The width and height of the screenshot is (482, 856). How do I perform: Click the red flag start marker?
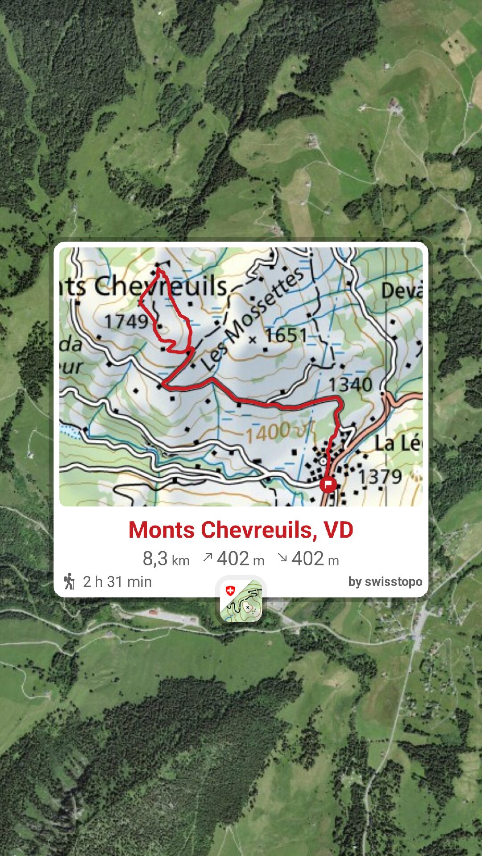pos(328,484)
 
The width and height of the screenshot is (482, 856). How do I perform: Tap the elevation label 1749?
pos(126,321)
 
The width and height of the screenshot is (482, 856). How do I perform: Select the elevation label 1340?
pos(350,385)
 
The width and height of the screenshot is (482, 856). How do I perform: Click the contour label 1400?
pos(268,432)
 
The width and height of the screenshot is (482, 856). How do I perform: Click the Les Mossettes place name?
pos(252,319)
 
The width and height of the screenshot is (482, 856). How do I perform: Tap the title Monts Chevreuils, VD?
pos(241,530)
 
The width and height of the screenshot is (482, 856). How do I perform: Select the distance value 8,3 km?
pos(166,559)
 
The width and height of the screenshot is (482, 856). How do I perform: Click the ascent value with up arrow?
pos(233,559)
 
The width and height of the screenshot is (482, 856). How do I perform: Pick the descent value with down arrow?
pos(308,559)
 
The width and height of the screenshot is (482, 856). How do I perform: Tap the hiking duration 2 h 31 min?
pos(117,582)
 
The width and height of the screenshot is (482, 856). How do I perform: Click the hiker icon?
pos(69,581)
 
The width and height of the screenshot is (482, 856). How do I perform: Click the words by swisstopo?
pos(385,582)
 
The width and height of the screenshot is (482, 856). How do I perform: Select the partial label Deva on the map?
pos(401,291)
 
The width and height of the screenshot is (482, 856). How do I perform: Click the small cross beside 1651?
pos(253,340)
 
